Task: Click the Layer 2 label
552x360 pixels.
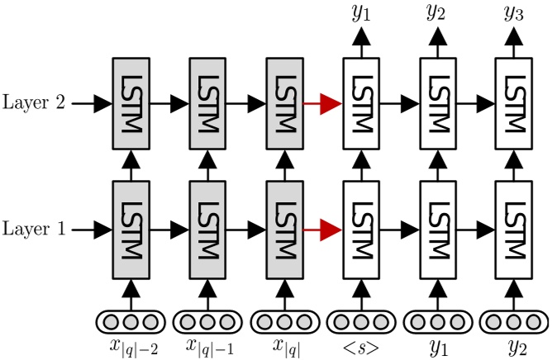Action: pos(35,103)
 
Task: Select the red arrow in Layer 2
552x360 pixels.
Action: pos(323,103)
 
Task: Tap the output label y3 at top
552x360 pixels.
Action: pos(515,12)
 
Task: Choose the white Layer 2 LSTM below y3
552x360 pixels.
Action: pos(515,104)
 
